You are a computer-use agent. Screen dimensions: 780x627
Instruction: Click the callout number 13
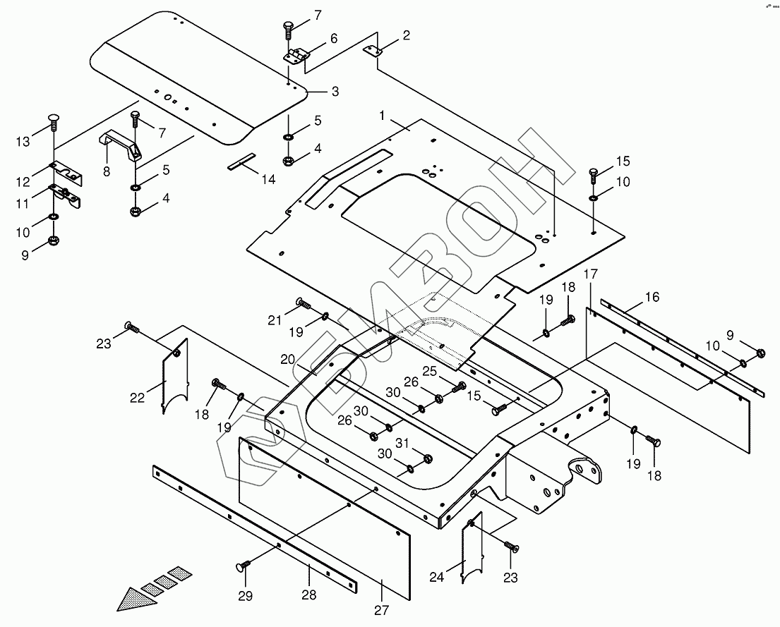(x=23, y=141)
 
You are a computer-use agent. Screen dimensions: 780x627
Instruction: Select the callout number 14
(x=268, y=179)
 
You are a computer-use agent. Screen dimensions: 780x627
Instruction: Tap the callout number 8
(x=107, y=171)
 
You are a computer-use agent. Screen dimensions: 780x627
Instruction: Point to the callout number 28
(x=309, y=595)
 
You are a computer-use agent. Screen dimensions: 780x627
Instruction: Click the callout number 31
(x=402, y=442)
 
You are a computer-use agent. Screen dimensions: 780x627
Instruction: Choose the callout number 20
(x=288, y=359)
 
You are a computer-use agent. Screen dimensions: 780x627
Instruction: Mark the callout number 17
(x=591, y=274)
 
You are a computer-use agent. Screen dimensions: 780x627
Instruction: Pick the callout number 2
(x=407, y=35)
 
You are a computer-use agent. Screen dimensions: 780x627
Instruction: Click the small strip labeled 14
(x=241, y=161)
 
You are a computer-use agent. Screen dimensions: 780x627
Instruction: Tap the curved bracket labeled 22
(x=175, y=376)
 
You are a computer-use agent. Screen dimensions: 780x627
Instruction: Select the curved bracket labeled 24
(x=472, y=547)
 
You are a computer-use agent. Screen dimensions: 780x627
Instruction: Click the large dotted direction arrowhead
(x=137, y=599)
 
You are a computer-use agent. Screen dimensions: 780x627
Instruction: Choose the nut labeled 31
(x=427, y=458)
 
